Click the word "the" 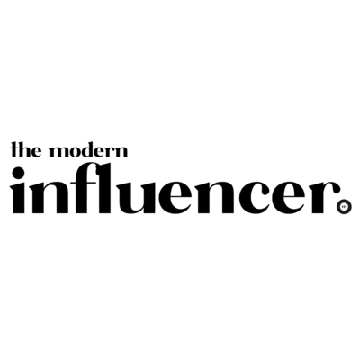pyautogui.click(x=26, y=149)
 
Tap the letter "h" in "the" pyautogui.click(x=24, y=149)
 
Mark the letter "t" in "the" pyautogui.click(x=14, y=149)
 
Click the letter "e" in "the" pyautogui.click(x=36, y=152)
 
